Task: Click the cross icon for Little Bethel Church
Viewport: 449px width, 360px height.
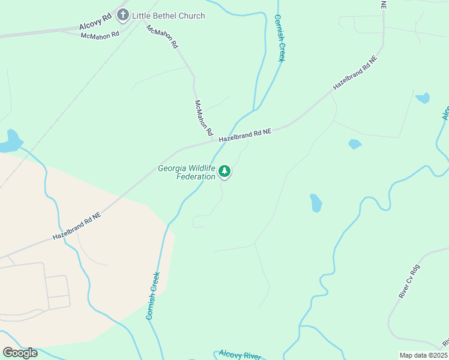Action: click(123, 15)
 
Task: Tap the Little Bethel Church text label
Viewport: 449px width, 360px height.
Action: click(168, 16)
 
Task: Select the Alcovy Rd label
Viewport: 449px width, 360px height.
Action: click(95, 23)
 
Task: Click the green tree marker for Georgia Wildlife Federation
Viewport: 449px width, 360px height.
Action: click(224, 172)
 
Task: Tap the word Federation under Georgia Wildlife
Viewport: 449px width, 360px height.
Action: click(196, 176)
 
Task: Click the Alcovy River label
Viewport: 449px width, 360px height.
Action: click(240, 355)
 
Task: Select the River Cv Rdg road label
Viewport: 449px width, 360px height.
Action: click(410, 282)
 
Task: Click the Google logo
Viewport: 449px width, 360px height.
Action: click(20, 352)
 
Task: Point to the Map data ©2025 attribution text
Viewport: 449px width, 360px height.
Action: click(424, 355)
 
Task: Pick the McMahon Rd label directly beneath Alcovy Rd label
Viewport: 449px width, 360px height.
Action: click(100, 34)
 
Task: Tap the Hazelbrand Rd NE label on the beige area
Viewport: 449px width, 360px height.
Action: click(76, 226)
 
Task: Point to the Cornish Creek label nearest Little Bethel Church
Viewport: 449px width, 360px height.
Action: click(279, 38)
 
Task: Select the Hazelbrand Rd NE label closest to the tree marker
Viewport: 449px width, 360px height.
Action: click(245, 135)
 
